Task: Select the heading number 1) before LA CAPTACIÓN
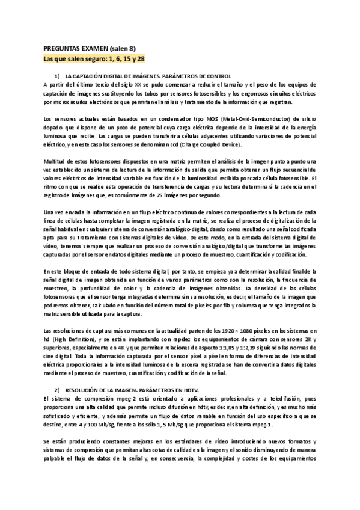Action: point(57,76)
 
